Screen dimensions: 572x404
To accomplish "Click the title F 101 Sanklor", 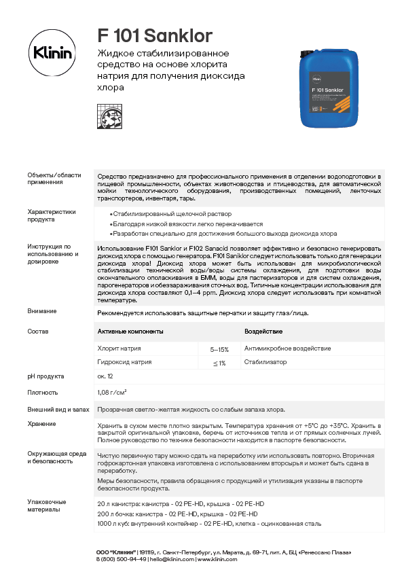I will [155, 35].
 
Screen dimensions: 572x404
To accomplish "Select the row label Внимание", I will [42, 311].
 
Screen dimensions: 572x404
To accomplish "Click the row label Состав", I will [38, 332].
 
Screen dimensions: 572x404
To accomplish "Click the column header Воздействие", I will [263, 332].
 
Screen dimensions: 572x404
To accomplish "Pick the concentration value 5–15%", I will [219, 348].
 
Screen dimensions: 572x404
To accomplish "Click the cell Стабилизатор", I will [265, 363].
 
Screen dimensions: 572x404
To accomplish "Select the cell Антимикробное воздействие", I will [287, 348].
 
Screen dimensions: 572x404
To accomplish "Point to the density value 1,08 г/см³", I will [113, 393].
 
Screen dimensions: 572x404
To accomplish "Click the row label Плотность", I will [42, 393].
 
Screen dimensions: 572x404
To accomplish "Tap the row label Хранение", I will [42, 424].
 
